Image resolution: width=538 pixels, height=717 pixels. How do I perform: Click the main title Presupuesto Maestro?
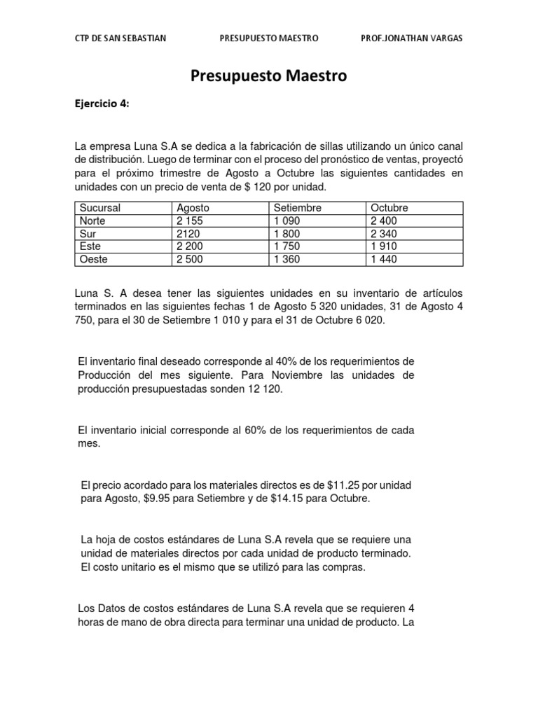point(269,76)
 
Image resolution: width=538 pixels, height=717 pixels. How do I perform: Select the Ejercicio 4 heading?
point(102,104)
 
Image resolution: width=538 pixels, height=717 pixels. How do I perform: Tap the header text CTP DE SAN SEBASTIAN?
point(120,39)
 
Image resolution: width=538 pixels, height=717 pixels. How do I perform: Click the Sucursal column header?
point(100,208)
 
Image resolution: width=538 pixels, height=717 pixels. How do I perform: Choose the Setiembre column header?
point(297,208)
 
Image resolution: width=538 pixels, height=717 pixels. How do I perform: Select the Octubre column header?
point(389,208)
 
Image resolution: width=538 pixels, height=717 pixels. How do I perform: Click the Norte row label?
point(92,221)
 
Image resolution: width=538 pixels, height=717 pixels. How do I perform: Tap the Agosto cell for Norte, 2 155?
point(192,221)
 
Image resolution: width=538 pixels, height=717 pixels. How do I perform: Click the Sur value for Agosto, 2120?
point(190,234)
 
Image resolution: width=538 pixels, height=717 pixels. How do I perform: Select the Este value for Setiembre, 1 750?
point(289,246)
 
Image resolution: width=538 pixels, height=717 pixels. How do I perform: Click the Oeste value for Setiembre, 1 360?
point(289,260)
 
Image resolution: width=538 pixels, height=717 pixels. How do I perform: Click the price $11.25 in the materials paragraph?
point(343,485)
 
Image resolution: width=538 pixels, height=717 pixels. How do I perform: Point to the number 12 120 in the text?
point(263,389)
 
